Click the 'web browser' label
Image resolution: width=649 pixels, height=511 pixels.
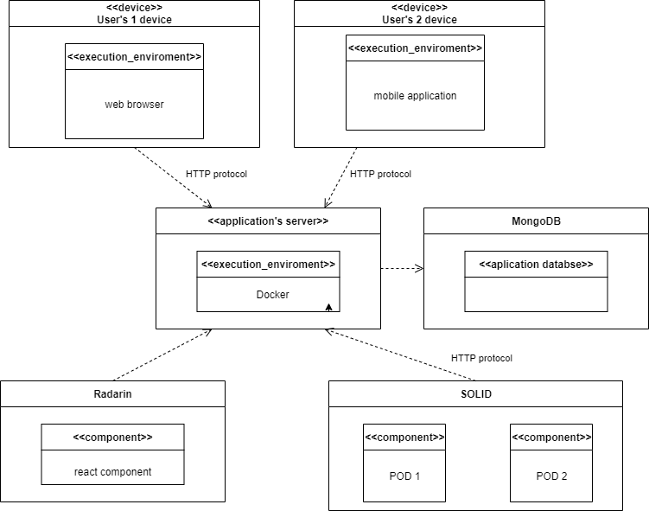click(x=134, y=105)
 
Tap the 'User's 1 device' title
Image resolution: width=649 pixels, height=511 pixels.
click(x=134, y=19)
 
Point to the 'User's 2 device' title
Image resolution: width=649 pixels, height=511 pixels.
click(x=419, y=19)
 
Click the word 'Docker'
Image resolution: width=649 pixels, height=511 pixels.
click(x=272, y=295)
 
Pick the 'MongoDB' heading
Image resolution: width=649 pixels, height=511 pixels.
click(x=536, y=221)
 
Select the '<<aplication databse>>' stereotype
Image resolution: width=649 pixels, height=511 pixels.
click(x=536, y=264)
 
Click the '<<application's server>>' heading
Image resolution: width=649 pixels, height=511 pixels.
click(x=268, y=221)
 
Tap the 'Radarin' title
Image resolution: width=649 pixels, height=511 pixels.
click(x=112, y=393)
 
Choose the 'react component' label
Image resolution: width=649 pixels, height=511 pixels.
click(x=112, y=472)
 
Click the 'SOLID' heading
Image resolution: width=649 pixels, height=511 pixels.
click(x=475, y=393)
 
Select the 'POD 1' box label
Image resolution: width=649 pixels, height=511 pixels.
click(x=404, y=476)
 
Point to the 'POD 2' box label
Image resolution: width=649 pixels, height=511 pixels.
click(x=551, y=476)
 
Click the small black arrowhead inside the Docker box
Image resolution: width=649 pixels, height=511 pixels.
click(x=328, y=306)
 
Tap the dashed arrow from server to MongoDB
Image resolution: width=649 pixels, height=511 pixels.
click(x=402, y=268)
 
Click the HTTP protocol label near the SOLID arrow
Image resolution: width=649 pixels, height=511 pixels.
click(x=481, y=358)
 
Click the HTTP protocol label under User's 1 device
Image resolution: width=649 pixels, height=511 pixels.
click(x=216, y=174)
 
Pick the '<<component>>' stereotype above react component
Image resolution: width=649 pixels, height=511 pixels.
click(x=112, y=437)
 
